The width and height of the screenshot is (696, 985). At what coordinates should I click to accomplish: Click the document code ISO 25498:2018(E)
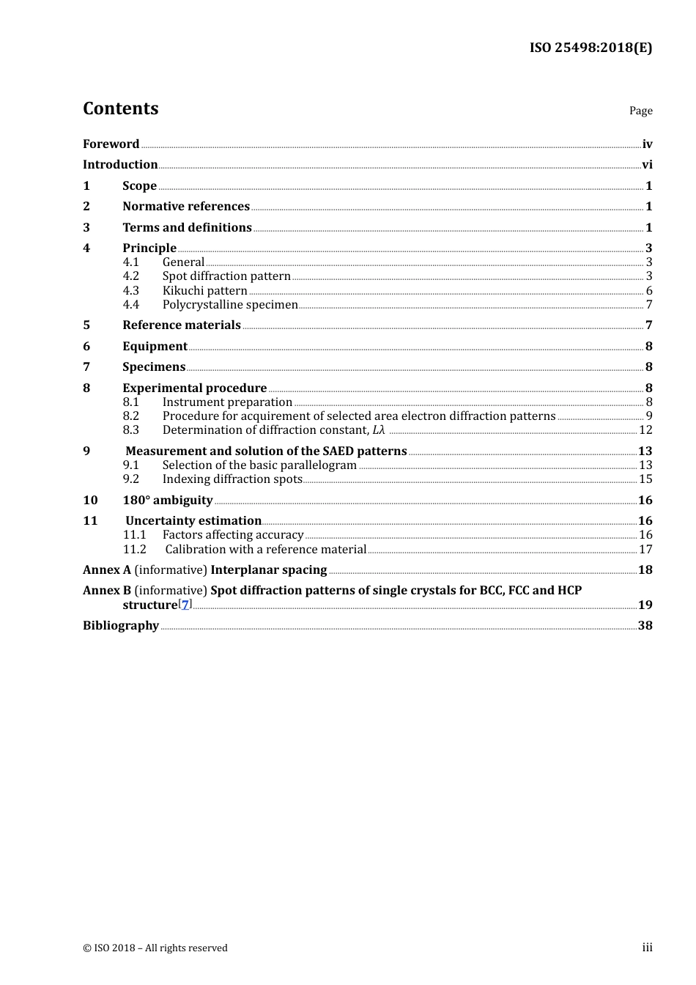(591, 48)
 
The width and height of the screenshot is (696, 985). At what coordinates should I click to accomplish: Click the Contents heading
(120, 108)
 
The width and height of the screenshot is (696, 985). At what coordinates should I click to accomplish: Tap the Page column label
(640, 111)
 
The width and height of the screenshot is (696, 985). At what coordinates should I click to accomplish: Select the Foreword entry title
(111, 144)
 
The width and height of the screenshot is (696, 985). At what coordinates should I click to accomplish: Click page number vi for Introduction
(647, 165)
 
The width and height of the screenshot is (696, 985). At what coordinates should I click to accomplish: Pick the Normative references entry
(186, 207)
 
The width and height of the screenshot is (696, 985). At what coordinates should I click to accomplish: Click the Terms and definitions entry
(187, 228)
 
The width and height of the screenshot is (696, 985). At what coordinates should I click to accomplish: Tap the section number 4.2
(130, 276)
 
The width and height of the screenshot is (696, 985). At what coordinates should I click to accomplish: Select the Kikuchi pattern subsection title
(204, 291)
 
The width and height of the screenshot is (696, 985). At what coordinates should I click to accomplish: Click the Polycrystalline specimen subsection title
(230, 305)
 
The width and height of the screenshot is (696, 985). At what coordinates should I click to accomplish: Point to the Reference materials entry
(182, 325)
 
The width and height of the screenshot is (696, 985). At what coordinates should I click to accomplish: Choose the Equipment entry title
(155, 347)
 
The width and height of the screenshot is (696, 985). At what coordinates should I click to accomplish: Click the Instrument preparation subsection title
(227, 402)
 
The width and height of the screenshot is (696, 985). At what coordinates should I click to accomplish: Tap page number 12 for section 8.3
(645, 430)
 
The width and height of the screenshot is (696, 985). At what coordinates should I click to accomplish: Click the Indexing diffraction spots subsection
(232, 479)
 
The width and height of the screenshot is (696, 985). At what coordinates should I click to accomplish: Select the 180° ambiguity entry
(168, 501)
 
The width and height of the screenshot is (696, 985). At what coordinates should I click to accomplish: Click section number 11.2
(134, 550)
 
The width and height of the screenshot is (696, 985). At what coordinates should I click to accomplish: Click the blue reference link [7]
(185, 605)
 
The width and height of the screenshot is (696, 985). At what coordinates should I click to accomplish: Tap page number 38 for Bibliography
(645, 626)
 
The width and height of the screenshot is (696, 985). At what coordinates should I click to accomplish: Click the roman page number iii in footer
(647, 948)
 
